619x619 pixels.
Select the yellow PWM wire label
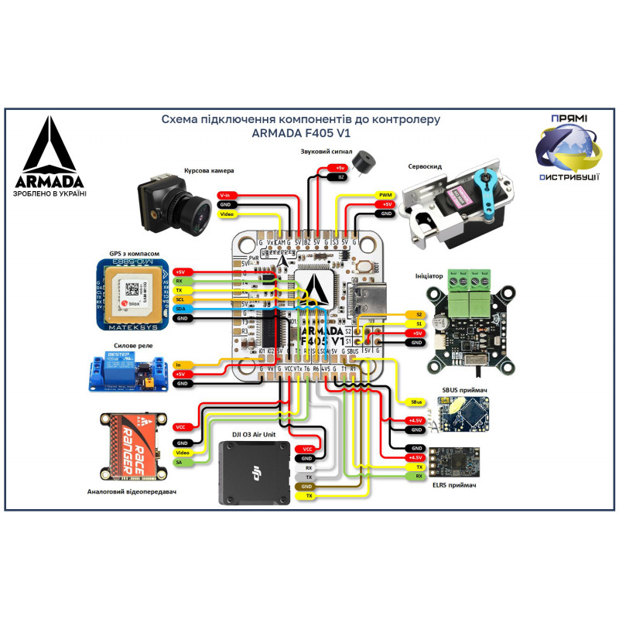[x=385, y=195]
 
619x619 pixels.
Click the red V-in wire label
[x=225, y=195]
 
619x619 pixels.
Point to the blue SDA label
[x=180, y=309]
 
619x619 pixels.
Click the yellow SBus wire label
[x=416, y=402]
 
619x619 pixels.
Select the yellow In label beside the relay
[x=180, y=364]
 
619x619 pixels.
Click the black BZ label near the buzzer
[x=340, y=177]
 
